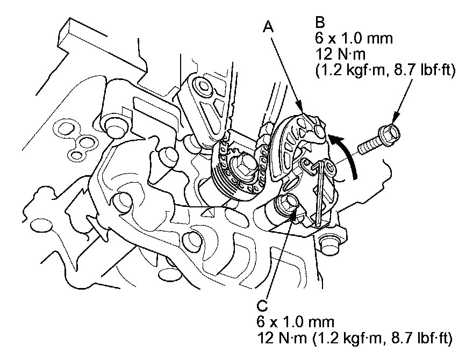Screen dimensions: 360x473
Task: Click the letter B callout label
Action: [320, 23]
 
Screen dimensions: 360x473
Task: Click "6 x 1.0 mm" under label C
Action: [297, 323]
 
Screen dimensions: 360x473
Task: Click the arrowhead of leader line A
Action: [304, 114]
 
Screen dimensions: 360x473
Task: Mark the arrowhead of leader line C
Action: [294, 218]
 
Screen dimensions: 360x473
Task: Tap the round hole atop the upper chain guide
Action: [203, 87]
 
